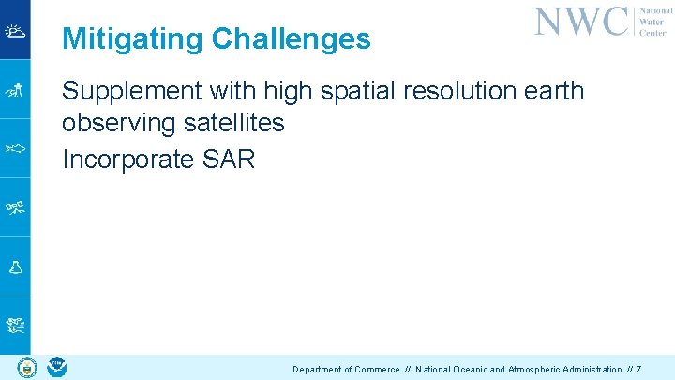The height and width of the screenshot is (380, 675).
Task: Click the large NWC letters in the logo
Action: (x=581, y=21)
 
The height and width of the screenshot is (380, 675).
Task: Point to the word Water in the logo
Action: (x=652, y=21)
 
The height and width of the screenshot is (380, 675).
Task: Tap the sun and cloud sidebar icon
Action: (x=15, y=31)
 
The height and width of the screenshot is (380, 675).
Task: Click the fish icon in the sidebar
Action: (x=15, y=148)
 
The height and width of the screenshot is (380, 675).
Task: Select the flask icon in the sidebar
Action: (x=15, y=267)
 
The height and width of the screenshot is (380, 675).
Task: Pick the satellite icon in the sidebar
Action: (x=15, y=207)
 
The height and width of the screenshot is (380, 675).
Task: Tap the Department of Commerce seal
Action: (x=25, y=367)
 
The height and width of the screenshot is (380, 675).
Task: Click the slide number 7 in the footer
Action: (x=637, y=370)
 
